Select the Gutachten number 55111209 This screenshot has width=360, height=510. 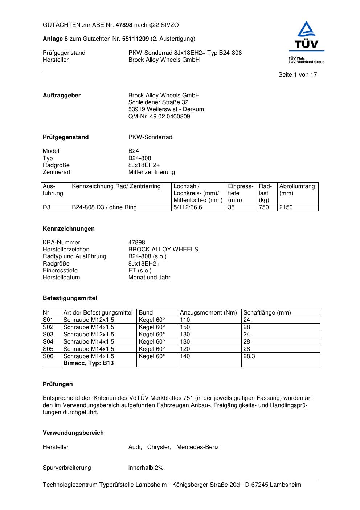point(135,39)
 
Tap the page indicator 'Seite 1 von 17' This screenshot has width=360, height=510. point(298,74)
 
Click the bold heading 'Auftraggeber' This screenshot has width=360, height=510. point(62,95)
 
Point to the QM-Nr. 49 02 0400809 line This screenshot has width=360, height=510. point(159,116)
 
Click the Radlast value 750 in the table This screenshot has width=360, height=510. point(264,207)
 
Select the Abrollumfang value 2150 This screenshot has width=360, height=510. point(286,207)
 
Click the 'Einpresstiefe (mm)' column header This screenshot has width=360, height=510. point(241,193)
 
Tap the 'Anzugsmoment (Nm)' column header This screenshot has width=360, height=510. point(208,312)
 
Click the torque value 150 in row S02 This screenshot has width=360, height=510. point(185,327)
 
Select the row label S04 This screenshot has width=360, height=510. point(48,341)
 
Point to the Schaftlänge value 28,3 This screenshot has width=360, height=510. point(249,356)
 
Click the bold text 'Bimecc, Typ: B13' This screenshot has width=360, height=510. point(89,363)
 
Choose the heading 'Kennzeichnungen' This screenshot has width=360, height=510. point(69,228)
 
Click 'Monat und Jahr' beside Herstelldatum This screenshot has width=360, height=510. point(149,277)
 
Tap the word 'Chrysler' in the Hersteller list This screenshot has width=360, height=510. point(159,447)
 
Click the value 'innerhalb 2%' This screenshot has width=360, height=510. point(146,467)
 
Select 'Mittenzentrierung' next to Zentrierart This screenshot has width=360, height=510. point(151,172)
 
